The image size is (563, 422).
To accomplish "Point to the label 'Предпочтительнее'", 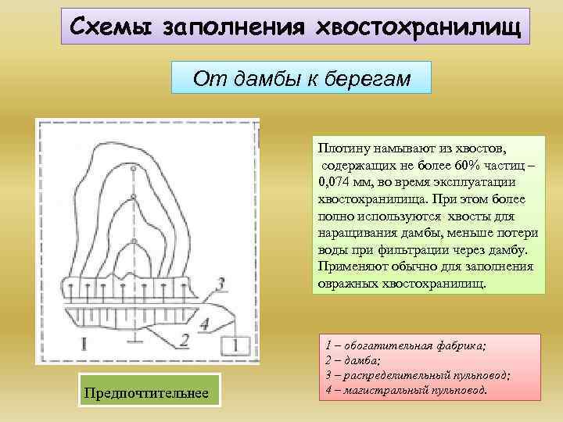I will tap(147, 392).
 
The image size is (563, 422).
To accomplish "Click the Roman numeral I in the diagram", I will tap(84, 342).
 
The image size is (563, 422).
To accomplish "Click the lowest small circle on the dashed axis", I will tap(135, 240).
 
